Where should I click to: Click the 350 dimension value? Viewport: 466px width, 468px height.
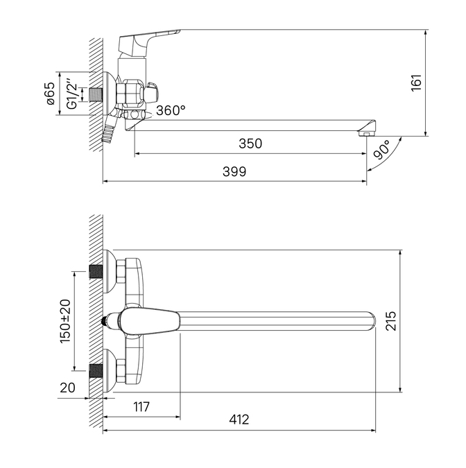pyautogui.click(x=250, y=144)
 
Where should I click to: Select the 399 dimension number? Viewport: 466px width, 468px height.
pyautogui.click(x=234, y=172)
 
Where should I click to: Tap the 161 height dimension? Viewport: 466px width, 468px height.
pyautogui.click(x=417, y=83)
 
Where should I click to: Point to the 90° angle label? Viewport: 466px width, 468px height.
pyautogui.click(x=382, y=150)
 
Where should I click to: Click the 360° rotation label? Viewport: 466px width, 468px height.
pyautogui.click(x=171, y=110)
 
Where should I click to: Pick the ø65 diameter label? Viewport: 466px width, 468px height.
pyautogui.click(x=51, y=94)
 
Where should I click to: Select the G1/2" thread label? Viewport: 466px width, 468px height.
pyautogui.click(x=72, y=94)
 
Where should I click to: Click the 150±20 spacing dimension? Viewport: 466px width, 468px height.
pyautogui.click(x=65, y=321)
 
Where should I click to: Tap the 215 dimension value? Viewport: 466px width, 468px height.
pyautogui.click(x=391, y=320)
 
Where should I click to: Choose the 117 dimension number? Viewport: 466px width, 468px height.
pyautogui.click(x=141, y=406)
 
